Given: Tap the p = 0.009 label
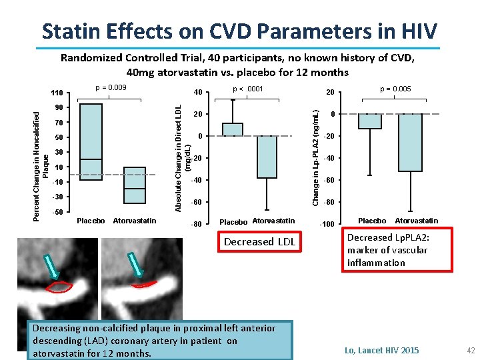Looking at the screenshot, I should pyautogui.click(x=111, y=87).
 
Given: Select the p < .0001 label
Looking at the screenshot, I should pyautogui.click(x=248, y=89).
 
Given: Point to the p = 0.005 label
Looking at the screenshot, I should pyautogui.click(x=395, y=89).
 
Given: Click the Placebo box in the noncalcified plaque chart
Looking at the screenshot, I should pyautogui.click(x=91, y=142).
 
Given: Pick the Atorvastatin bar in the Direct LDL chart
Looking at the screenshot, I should pyautogui.click(x=267, y=157).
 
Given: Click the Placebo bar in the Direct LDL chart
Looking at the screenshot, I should pyautogui.click(x=233, y=129).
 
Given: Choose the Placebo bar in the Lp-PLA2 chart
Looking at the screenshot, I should pyautogui.click(x=370, y=121).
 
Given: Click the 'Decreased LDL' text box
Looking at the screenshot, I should pyautogui.click(x=259, y=242).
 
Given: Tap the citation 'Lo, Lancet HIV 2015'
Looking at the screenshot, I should pyautogui.click(x=382, y=350).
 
